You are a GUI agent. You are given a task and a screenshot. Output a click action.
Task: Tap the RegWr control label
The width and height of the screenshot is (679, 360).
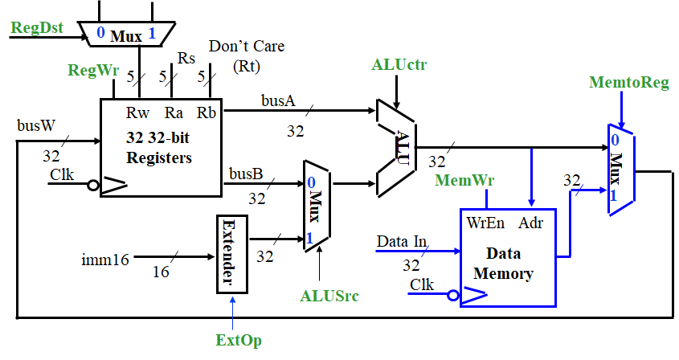92,72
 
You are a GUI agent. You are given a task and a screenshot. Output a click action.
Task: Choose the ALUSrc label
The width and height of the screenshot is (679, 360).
330,296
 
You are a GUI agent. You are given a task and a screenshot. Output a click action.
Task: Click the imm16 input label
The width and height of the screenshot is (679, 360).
102,259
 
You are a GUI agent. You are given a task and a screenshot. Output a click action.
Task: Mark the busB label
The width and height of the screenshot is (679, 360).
245,173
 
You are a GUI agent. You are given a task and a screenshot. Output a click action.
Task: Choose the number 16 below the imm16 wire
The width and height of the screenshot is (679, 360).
162,272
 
